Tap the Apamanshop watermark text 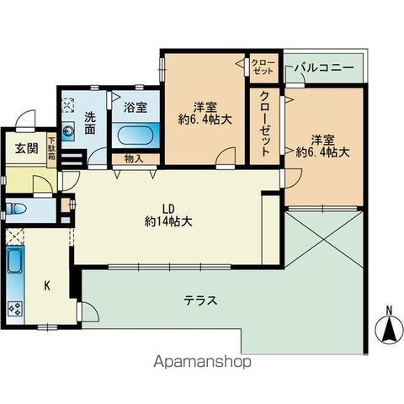click(202, 362)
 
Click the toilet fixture click(16, 209)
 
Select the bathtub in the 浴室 click(136, 136)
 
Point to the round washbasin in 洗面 click(68, 130)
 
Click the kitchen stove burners click(15, 309)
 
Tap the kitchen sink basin click(15, 261)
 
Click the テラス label click(200, 301)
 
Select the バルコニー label click(323, 68)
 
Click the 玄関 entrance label click(27, 148)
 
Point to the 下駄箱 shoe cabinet click(51, 148)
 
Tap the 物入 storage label click(134, 159)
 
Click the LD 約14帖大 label click(168, 215)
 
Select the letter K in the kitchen click(47, 286)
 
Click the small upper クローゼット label click(263, 66)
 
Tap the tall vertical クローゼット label click(264, 124)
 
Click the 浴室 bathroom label click(136, 108)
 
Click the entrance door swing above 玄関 click(26, 120)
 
